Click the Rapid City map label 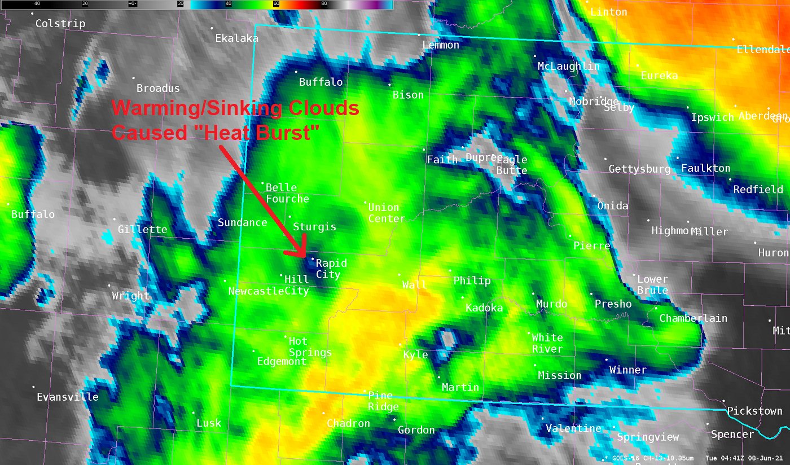click(331, 269)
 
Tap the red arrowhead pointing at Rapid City click(300, 250)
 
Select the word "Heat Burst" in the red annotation click(275, 133)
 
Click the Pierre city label click(591, 245)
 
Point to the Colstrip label click(60, 24)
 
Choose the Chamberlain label click(694, 318)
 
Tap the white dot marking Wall click(400, 275)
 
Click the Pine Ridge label click(383, 401)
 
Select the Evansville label click(68, 397)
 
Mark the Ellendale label click(763, 50)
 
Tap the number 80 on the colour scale click(324, 3)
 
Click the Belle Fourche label click(287, 193)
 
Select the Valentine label click(573, 428)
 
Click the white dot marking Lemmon click(419, 34)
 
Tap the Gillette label click(142, 229)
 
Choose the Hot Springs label click(310, 346)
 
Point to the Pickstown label click(754, 411)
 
